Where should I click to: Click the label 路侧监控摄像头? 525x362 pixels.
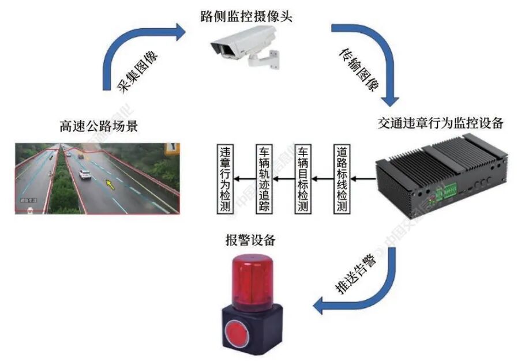[x=246, y=16]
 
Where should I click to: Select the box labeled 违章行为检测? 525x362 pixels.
[x=226, y=178]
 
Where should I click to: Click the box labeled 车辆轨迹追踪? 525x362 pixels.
[x=264, y=178]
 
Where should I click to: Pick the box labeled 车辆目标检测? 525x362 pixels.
[x=302, y=178]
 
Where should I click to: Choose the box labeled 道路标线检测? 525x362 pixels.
[x=342, y=178]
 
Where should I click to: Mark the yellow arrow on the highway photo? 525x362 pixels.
[x=110, y=184]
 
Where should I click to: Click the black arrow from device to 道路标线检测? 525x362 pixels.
[x=364, y=178]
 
